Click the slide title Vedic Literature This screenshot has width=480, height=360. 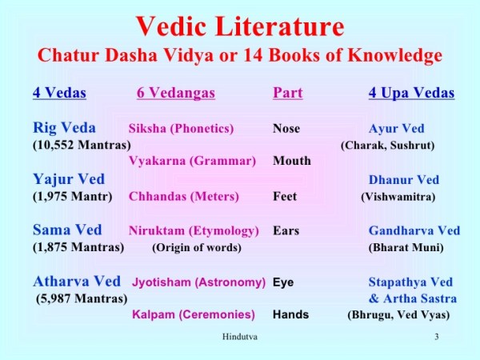point(240,26)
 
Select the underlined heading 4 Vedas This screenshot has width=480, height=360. point(59,94)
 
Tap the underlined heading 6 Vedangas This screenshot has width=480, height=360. point(176,94)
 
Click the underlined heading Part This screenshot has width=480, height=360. point(287,94)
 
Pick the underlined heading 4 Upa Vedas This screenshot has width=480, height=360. point(411,94)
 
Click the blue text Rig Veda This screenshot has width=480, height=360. point(64,128)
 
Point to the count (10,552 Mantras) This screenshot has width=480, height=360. point(82,145)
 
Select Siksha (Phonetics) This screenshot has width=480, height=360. point(181,129)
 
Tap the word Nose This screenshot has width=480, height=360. point(286,129)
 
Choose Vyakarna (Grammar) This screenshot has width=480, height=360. point(192,161)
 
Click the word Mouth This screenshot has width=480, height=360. point(291,161)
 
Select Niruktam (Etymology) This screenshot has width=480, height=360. point(194,231)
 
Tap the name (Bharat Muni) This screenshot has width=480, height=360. point(406,247)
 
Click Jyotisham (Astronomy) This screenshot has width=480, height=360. point(198,282)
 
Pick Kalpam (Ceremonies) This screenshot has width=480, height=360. point(194,314)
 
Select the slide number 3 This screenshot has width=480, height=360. point(437,338)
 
